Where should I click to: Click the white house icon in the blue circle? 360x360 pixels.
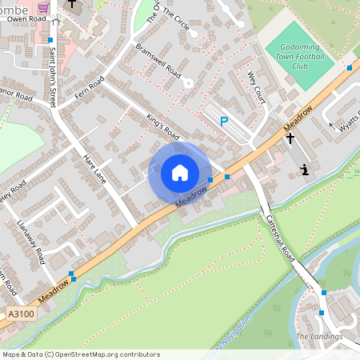point(180,172)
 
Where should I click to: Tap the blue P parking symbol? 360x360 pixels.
point(225,122)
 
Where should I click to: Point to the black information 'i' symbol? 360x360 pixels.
point(304,170)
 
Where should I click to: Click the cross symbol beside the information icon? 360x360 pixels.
point(290,138)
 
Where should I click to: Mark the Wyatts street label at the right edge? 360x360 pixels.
point(349,122)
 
